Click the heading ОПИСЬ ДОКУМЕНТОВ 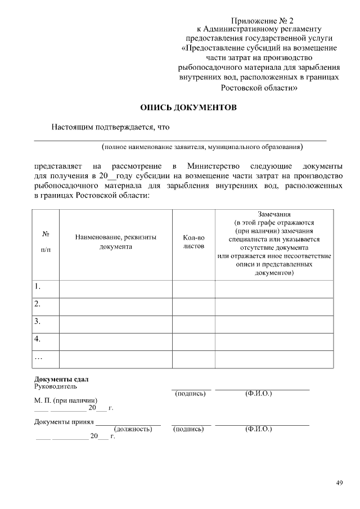point(188,107)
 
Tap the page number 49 point(339,482)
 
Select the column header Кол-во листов point(193,242)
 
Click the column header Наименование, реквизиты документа point(115,242)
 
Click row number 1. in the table point(38,286)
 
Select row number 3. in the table point(38,321)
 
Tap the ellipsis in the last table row point(38,357)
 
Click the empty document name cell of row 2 point(115,304)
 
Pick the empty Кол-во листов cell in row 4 point(193,339)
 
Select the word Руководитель point(56,386)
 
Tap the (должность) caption point(133,429)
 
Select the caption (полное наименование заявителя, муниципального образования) point(202,147)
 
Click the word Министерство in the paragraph point(214,166)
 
